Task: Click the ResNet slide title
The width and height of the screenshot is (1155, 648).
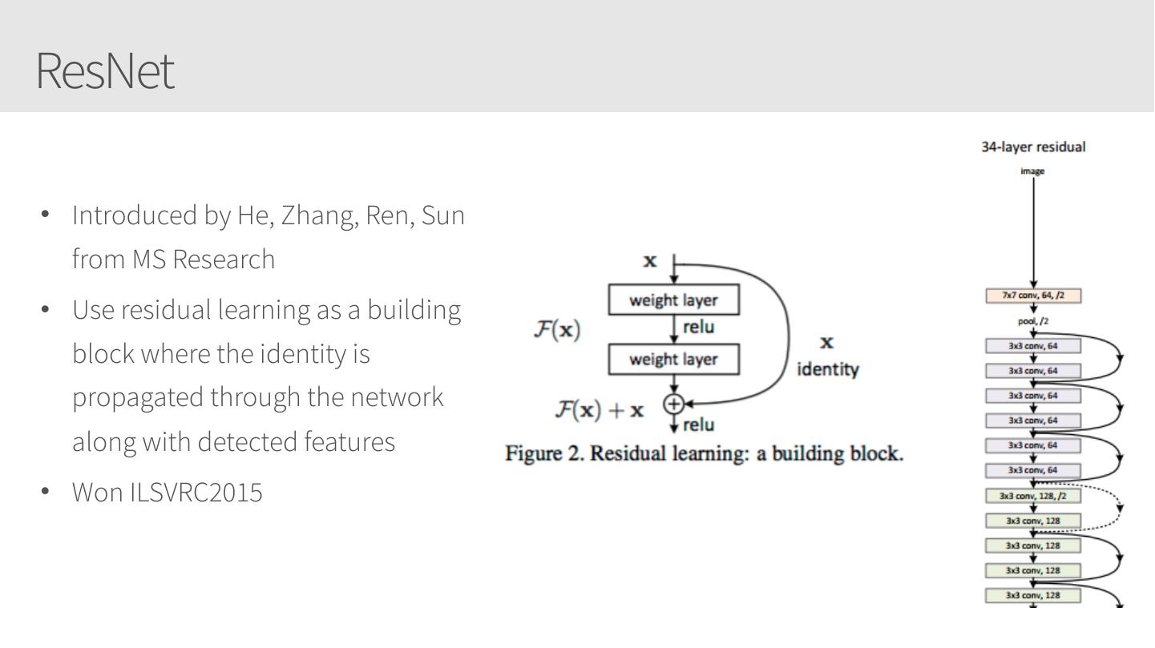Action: [x=105, y=71]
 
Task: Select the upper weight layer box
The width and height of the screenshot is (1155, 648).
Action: [x=673, y=300]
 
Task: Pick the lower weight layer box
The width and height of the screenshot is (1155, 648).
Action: [x=673, y=359]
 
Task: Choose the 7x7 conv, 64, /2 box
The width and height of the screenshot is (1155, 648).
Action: [x=1034, y=296]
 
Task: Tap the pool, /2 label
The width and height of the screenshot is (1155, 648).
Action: [x=1034, y=321]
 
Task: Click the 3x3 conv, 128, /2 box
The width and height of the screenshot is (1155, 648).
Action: [x=1034, y=496]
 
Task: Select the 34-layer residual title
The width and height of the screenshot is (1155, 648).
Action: [x=1034, y=147]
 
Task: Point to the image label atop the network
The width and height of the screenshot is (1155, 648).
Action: [x=1034, y=171]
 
